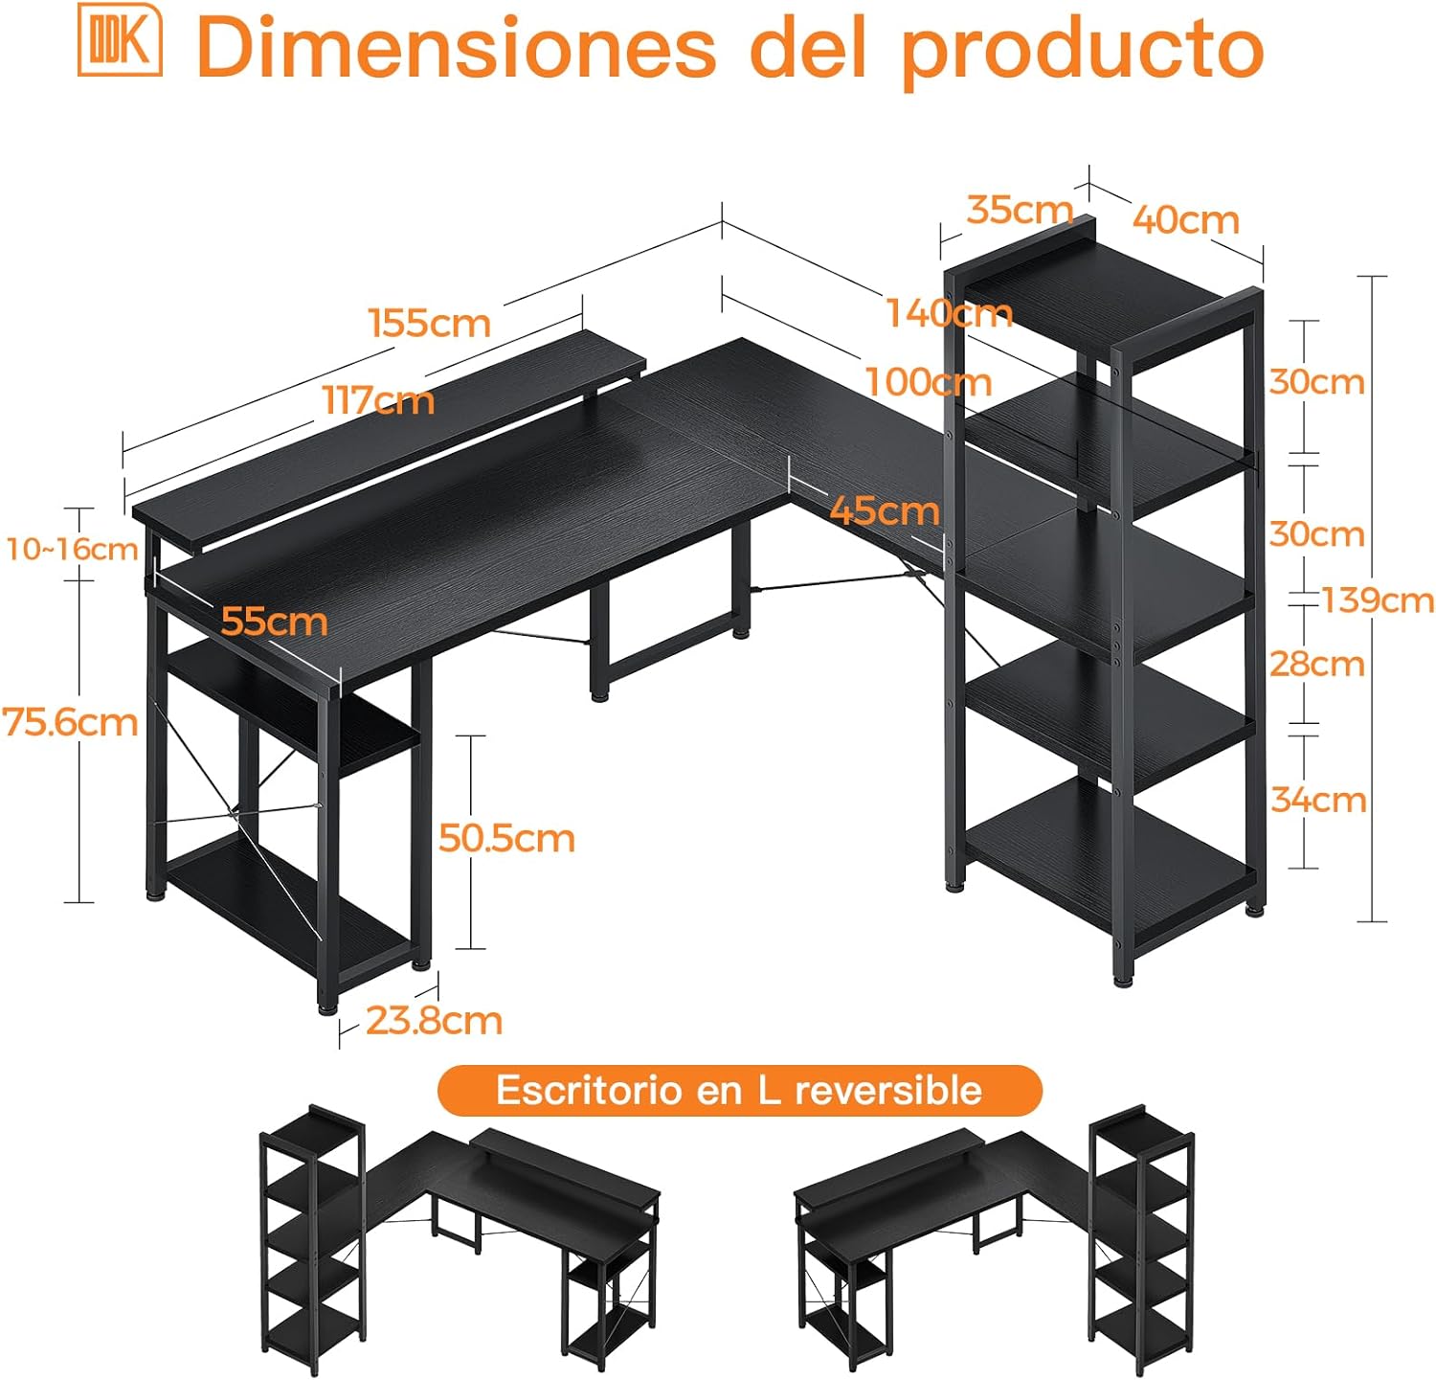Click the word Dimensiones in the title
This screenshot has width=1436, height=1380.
tap(456, 47)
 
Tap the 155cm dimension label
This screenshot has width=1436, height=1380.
tap(430, 323)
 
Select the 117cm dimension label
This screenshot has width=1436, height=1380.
tap(378, 399)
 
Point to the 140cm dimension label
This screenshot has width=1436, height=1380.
tap(949, 313)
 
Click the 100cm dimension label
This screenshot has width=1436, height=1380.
tap(928, 382)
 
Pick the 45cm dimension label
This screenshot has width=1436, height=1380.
tap(885, 510)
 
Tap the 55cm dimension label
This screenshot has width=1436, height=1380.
tap(274, 622)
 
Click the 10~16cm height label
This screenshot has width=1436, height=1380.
tap(72, 549)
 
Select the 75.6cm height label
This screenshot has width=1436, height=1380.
tap(70, 721)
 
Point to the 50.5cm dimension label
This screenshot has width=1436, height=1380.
tap(506, 838)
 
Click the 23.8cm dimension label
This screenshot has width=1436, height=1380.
tap(434, 1021)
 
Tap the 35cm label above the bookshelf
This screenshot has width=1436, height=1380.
tap(1020, 209)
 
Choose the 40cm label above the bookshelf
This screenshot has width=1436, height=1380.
tap(1186, 219)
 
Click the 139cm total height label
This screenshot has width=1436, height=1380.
tap(1378, 600)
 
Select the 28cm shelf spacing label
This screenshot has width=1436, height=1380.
tap(1317, 663)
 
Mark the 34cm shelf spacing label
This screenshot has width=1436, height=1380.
tap(1318, 799)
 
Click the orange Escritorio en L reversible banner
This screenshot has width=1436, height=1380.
tap(739, 1090)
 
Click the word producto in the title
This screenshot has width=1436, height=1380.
tap(1082, 50)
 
